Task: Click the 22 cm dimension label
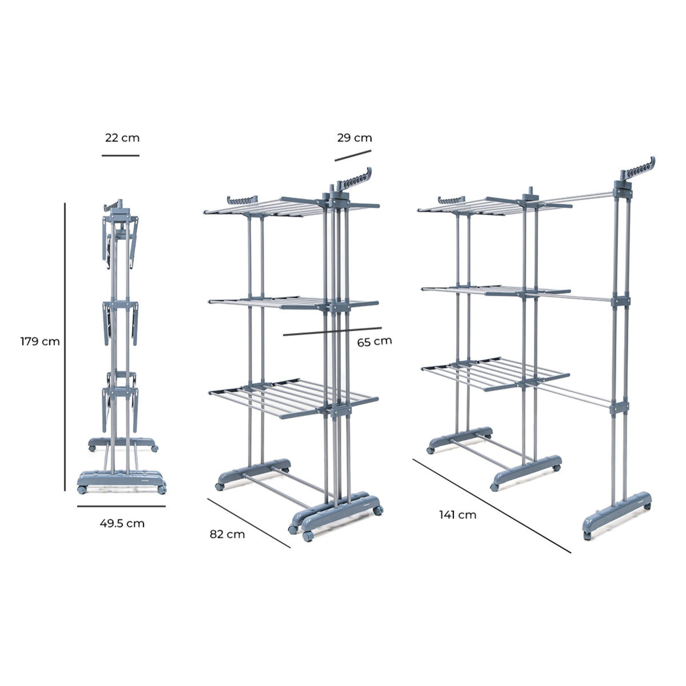tap(122, 138)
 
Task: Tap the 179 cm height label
tap(40, 341)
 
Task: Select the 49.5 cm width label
tap(122, 523)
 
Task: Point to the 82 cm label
tap(227, 534)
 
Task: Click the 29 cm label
tap(355, 138)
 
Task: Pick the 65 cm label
tap(374, 342)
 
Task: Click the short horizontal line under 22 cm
tap(121, 156)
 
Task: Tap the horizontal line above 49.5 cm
tap(122, 506)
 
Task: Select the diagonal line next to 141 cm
tap(492, 506)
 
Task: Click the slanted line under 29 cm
tap(353, 156)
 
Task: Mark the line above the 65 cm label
tap(332, 331)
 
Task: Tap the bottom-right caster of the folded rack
tap(162, 490)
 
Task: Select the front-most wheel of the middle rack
tap(308, 536)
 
